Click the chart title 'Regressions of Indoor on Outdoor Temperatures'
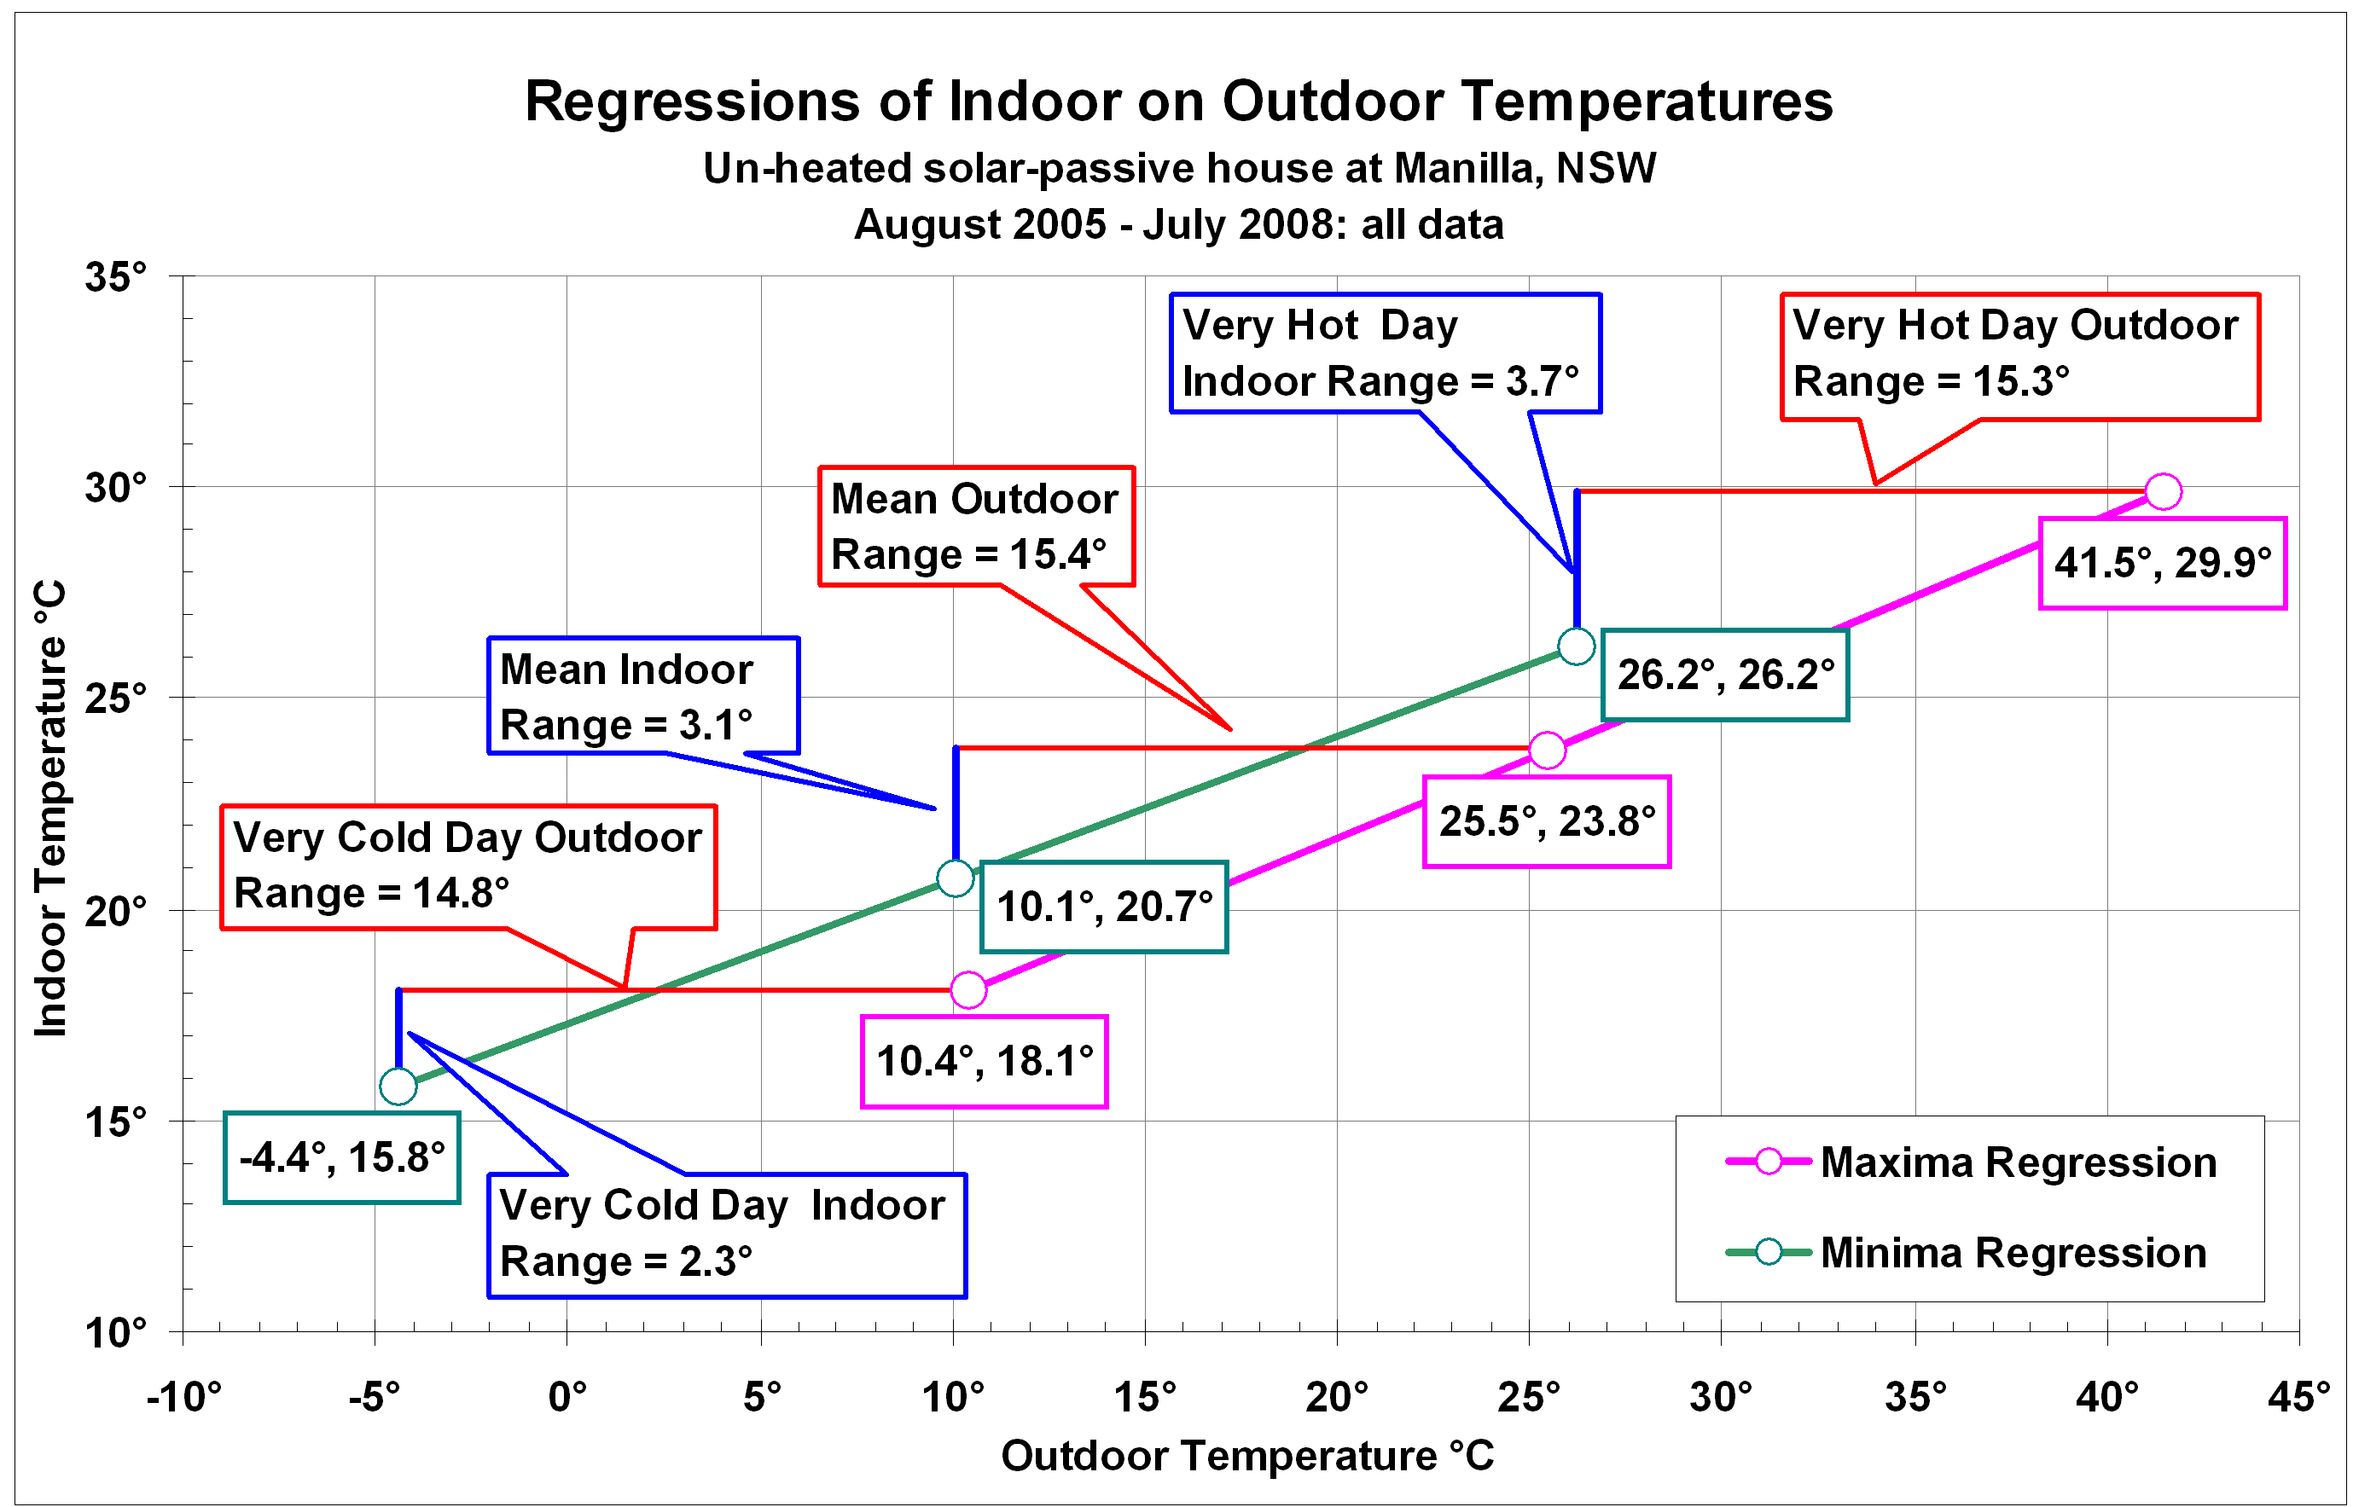(x=1178, y=101)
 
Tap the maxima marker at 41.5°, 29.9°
(x=2162, y=491)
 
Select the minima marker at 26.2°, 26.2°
(x=1575, y=646)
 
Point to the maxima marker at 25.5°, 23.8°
(x=1547, y=750)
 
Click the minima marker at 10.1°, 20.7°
(x=956, y=878)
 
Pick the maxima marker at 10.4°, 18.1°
(x=967, y=990)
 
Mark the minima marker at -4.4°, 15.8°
(x=398, y=1086)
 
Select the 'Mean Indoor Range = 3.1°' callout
(x=642, y=696)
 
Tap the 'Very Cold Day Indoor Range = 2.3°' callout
(x=726, y=1235)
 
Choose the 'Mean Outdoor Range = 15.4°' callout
(x=976, y=527)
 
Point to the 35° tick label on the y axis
(x=115, y=277)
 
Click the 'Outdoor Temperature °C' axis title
(x=1247, y=1456)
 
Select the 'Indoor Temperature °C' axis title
(x=51, y=809)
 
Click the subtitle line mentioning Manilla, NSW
(x=1178, y=168)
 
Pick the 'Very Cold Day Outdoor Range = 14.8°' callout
(x=468, y=867)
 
